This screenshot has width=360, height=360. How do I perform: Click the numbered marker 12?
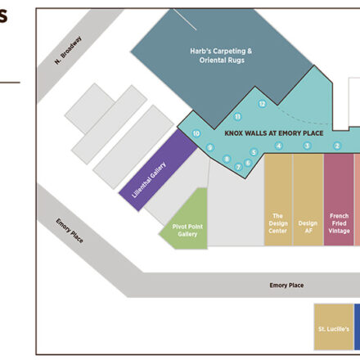[262, 104]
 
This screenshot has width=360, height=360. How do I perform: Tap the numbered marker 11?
[237, 117]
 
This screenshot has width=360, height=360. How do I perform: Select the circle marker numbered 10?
[196, 133]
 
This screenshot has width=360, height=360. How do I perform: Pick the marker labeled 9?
[209, 148]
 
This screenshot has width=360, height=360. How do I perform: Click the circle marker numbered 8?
[227, 159]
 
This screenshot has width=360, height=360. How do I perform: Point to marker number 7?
[238, 167]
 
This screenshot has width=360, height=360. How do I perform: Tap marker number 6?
[248, 163]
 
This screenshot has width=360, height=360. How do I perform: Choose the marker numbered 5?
[254, 152]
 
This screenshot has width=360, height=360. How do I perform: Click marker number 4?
[278, 146]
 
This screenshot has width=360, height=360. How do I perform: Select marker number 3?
[307, 146]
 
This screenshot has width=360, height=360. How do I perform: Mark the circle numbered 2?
[337, 146]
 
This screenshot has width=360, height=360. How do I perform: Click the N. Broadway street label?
[68, 51]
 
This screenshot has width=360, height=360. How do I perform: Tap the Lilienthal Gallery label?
[149, 180]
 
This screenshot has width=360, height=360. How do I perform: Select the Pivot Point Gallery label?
[187, 231]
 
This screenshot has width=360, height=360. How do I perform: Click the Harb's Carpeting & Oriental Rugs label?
[221, 56]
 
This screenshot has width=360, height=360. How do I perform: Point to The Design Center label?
[278, 223]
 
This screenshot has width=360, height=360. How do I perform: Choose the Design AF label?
[308, 227]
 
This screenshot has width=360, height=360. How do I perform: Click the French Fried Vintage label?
[339, 223]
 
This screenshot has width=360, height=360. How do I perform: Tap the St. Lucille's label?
[334, 329]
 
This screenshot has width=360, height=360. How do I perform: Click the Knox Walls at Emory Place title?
[274, 133]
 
